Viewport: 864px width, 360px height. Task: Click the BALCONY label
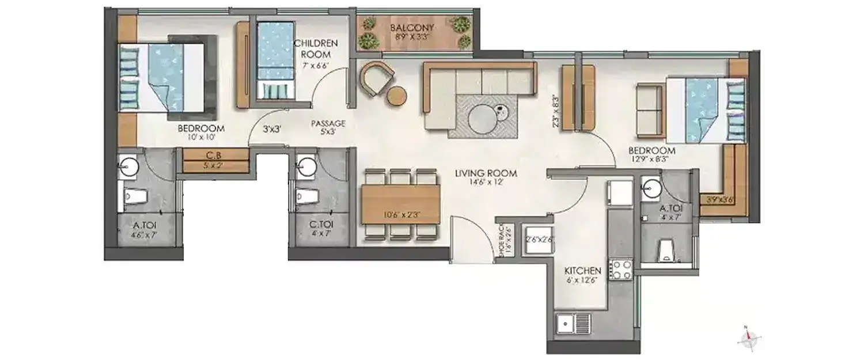click(411, 28)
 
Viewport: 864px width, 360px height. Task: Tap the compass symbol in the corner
click(749, 340)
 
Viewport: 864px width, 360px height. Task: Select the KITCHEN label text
click(582, 271)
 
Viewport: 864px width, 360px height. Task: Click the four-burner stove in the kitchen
click(621, 270)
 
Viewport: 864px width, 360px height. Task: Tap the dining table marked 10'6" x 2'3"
click(400, 204)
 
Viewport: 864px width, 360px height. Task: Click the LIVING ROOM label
click(485, 173)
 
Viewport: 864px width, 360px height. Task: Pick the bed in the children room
click(275, 60)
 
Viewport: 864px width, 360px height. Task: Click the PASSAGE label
click(328, 123)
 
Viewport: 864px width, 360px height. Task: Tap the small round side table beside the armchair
click(397, 96)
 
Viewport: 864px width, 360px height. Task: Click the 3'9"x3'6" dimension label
click(719, 201)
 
